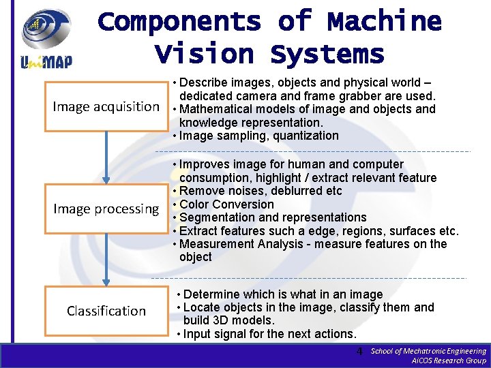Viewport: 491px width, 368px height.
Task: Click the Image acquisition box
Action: click(106, 106)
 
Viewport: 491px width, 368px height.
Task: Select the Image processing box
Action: click(106, 209)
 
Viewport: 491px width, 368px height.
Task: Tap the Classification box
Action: click(106, 311)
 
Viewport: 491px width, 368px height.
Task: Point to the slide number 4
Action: click(359, 352)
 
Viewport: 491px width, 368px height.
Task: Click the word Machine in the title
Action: click(384, 22)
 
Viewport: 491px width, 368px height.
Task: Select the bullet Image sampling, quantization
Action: click(258, 136)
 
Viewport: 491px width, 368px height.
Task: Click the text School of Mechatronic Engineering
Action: click(428, 350)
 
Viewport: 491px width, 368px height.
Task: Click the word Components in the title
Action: click(179, 22)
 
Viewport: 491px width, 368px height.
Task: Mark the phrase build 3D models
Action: click(228, 320)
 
